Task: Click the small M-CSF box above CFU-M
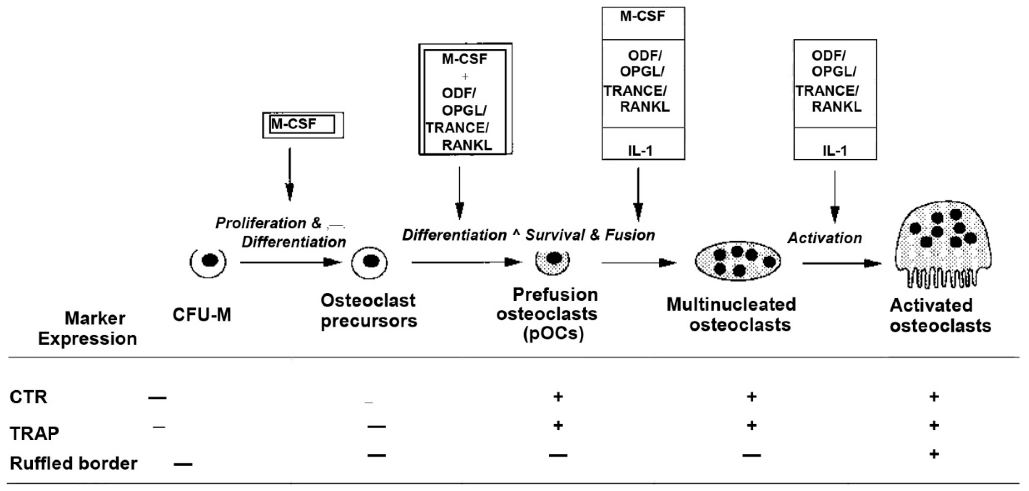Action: pos(302,125)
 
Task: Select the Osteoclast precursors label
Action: pos(368,311)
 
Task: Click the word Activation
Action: pos(824,238)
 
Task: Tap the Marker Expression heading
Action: pos(88,328)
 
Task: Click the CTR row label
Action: pos(28,397)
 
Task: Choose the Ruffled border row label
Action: pos(73,463)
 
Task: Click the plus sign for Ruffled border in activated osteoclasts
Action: pos(934,454)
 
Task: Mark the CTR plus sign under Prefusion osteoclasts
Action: pos(558,397)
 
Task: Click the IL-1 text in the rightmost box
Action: pos(835,151)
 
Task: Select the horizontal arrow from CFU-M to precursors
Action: pos(291,262)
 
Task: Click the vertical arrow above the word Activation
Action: pos(835,196)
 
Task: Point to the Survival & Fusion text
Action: pos(590,235)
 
